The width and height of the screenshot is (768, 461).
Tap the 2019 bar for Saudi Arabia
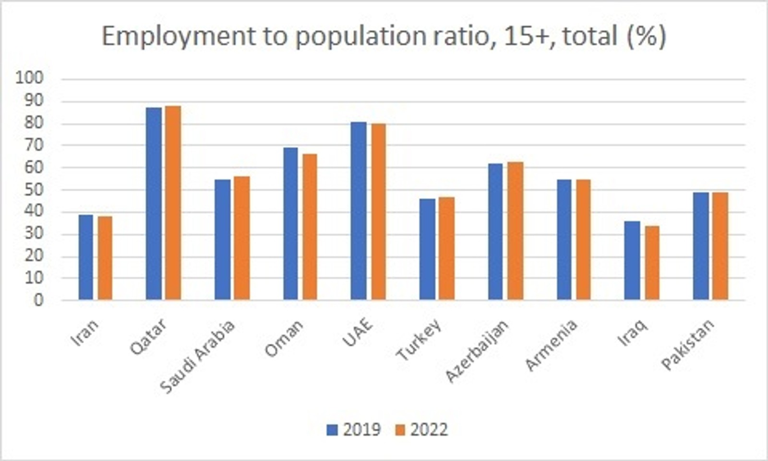click(x=222, y=240)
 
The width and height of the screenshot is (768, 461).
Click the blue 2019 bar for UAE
click(x=359, y=211)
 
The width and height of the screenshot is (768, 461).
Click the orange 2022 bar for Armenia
click(x=583, y=240)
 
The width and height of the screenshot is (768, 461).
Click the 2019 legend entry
click(x=354, y=429)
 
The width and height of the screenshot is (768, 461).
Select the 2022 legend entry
click(x=421, y=429)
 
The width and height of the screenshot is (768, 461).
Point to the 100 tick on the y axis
click(x=29, y=78)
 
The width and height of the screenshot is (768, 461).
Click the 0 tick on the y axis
click(x=38, y=300)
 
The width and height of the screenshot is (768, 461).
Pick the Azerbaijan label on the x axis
click(x=476, y=352)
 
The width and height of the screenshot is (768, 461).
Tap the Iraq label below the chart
click(x=633, y=333)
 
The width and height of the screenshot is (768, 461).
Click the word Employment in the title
click(x=178, y=36)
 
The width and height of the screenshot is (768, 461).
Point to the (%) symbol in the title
click(x=646, y=36)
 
